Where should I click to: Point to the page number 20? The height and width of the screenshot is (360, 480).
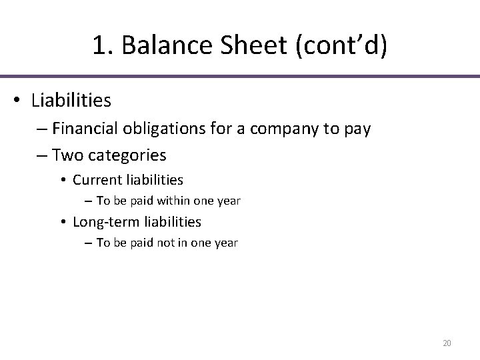(x=447, y=343)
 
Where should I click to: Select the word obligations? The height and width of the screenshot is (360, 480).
(x=171, y=129)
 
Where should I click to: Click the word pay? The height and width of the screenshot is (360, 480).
(x=356, y=129)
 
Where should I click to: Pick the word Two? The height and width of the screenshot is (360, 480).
(x=67, y=155)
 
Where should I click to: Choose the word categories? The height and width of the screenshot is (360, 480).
(x=127, y=155)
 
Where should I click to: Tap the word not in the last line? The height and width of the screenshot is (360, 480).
(x=166, y=243)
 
